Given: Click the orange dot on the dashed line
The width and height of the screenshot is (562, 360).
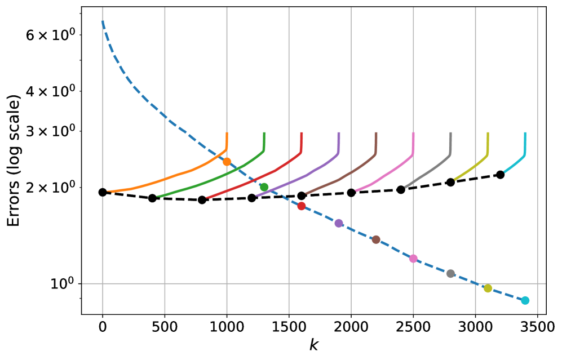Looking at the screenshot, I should pos(227,162).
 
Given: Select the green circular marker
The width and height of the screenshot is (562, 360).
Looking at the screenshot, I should pos(264,187).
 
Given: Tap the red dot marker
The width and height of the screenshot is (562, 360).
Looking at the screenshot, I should pos(302,206).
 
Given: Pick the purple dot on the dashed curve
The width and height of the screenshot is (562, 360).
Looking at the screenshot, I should pos(339,223).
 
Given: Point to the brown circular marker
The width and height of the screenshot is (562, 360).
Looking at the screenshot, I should pos(376,239).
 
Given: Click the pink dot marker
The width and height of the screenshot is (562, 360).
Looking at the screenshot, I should pos(413,259).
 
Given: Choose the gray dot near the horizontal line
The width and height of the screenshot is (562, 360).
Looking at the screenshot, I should pos(450,274).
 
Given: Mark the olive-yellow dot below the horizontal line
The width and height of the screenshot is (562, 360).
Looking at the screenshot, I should pos(488,288).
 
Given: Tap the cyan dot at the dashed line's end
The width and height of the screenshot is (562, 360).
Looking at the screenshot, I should pos(525,300).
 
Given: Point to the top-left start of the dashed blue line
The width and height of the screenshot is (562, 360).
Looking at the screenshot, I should pos(103,21).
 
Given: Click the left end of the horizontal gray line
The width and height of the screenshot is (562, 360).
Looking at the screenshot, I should pos(83,283).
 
